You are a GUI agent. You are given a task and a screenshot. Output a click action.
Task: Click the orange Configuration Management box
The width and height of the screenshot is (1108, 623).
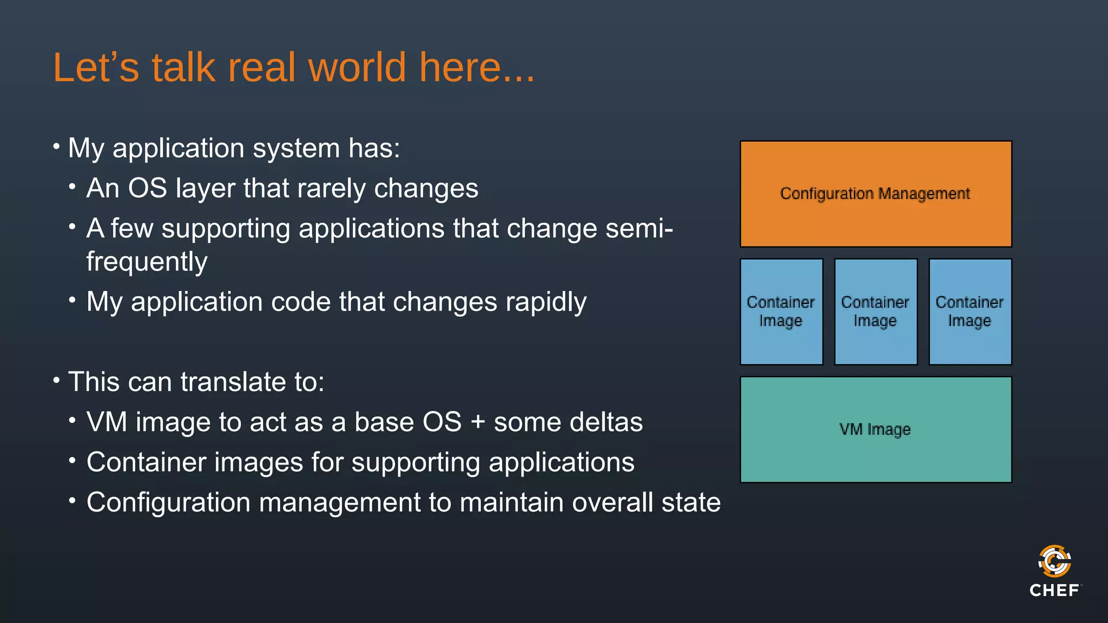(x=875, y=194)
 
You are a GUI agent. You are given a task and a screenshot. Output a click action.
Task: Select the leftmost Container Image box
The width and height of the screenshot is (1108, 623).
(x=781, y=311)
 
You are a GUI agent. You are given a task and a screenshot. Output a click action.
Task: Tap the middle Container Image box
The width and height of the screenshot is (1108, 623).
(x=875, y=311)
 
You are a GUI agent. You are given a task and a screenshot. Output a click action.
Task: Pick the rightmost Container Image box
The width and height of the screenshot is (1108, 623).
(x=969, y=311)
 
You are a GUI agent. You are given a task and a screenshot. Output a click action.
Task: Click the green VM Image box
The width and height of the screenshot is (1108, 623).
(x=875, y=429)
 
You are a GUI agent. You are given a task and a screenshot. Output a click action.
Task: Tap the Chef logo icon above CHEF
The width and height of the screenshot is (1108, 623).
(x=1054, y=561)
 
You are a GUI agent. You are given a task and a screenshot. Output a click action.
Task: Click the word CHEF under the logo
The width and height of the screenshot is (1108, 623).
(x=1054, y=591)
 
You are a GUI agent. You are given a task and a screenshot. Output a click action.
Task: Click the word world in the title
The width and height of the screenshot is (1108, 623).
(x=357, y=68)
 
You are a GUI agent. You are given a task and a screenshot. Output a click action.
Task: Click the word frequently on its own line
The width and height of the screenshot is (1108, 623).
(x=147, y=262)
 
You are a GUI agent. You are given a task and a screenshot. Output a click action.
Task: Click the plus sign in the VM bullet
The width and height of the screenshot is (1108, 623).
(x=477, y=422)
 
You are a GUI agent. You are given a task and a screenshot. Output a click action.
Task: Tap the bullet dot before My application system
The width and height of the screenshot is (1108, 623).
(x=56, y=147)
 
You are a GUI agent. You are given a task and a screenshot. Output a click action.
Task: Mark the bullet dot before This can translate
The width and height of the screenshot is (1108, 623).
(x=56, y=380)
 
